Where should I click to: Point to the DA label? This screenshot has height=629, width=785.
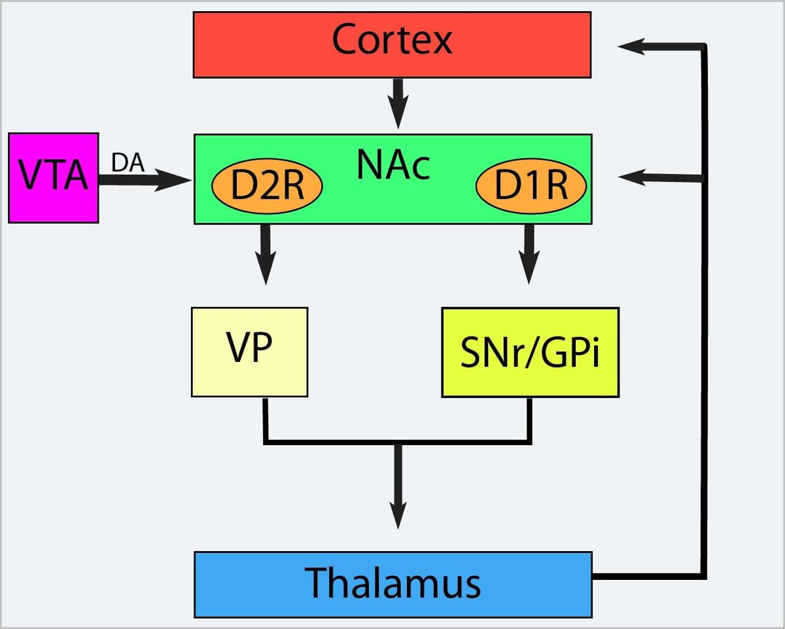[x=128, y=162]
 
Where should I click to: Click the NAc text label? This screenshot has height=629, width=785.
[x=394, y=165]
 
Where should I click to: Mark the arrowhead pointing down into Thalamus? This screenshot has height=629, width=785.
[x=397, y=514]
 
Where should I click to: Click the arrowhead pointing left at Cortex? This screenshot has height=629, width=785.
[x=632, y=46]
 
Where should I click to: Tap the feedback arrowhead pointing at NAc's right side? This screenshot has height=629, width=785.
[x=632, y=176]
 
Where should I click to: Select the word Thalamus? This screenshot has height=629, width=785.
[x=393, y=583]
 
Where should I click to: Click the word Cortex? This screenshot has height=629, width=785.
[x=392, y=41]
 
